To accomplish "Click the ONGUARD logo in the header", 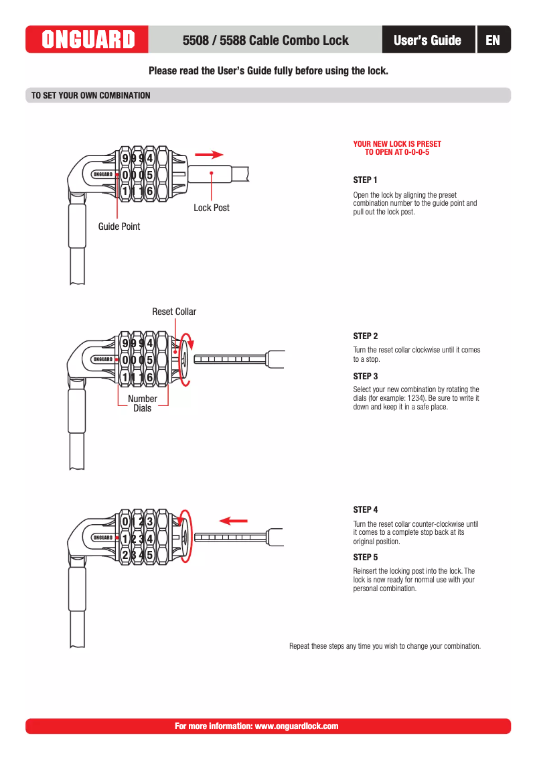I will (x=88, y=40).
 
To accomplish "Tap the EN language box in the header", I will (x=493, y=40).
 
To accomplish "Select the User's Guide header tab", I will (x=427, y=40).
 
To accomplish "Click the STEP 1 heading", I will (x=365, y=180).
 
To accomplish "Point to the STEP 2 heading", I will (x=365, y=336).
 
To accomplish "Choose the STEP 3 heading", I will (x=365, y=377).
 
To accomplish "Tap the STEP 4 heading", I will (x=365, y=510).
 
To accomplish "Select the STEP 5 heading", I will (x=365, y=558).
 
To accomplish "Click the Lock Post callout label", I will (x=212, y=208).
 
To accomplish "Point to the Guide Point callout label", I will (x=119, y=227).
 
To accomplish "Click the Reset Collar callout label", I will (x=174, y=312).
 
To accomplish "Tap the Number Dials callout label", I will (x=142, y=403).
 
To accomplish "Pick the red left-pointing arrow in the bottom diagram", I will (x=234, y=520).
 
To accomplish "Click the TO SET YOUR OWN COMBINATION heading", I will (x=91, y=96).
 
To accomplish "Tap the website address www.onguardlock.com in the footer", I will (x=297, y=726).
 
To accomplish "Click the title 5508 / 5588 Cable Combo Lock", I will (x=265, y=40).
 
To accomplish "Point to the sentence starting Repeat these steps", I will (x=385, y=647).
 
